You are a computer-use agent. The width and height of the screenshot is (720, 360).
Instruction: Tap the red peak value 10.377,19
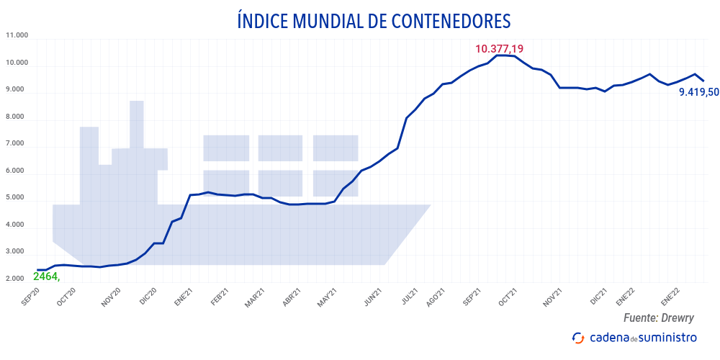499,49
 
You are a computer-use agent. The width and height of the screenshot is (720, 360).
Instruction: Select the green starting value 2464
46,276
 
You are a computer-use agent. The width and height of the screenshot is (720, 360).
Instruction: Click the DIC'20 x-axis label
148,297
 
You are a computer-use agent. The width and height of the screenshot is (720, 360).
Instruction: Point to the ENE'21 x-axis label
184,297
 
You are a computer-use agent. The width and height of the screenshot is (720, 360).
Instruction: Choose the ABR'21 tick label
292,297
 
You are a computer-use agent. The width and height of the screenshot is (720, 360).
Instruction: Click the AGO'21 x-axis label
436,297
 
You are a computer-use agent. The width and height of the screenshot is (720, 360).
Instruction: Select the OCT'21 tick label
508,297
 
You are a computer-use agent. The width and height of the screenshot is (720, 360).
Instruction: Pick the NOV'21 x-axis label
552,297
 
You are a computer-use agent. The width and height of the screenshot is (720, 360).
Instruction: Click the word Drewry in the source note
680,318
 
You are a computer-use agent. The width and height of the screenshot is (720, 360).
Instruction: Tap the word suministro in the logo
669,337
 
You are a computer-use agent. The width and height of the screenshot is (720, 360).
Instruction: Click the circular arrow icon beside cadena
577,338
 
